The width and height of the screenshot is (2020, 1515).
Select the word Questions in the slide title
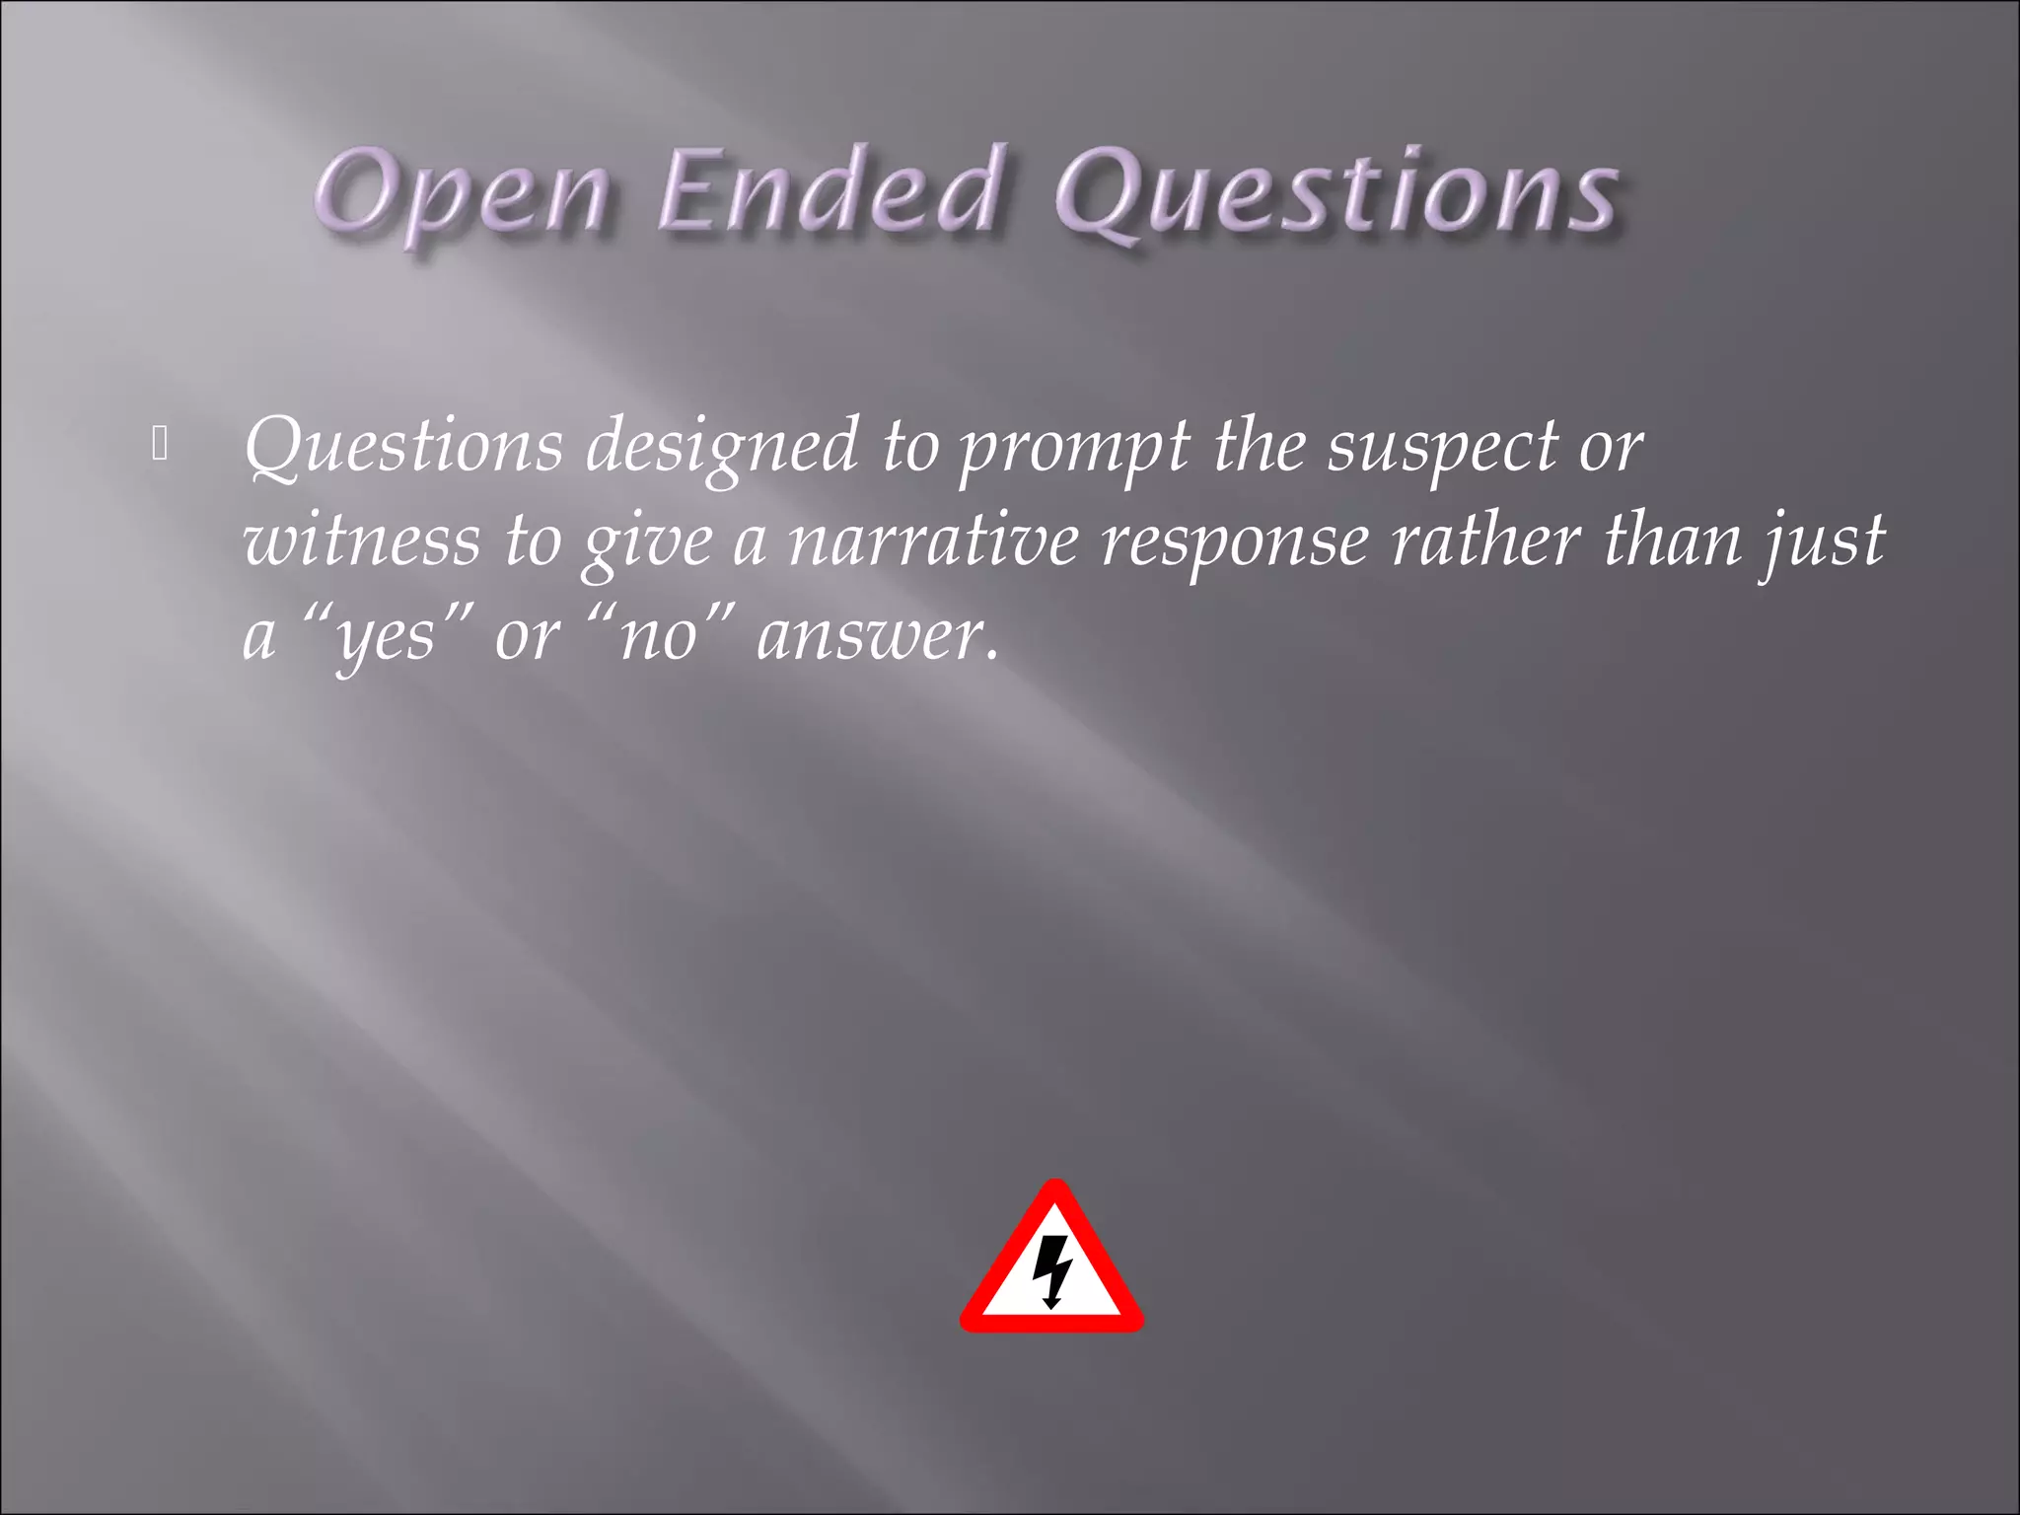(1335, 192)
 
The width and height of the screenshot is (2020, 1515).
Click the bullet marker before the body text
(161, 445)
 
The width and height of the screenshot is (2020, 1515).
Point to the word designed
(722, 447)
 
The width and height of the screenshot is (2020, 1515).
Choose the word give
(647, 542)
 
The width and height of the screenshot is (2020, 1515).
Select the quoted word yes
(386, 637)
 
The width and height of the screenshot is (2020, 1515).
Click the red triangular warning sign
(1051, 1262)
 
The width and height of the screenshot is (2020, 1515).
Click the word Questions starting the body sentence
(403, 447)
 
